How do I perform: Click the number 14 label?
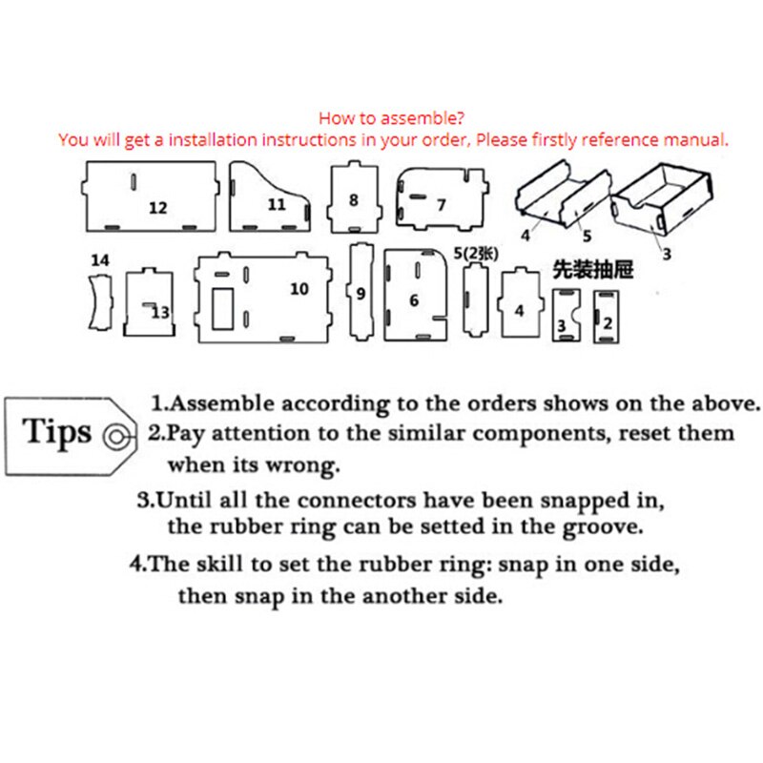pyautogui.click(x=100, y=260)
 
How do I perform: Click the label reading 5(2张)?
pyautogui.click(x=476, y=254)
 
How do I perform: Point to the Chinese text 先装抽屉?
pyautogui.click(x=593, y=269)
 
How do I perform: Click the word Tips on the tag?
pyautogui.click(x=56, y=432)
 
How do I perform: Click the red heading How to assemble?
pyautogui.click(x=391, y=117)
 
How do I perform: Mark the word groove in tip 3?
pyautogui.click(x=603, y=528)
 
